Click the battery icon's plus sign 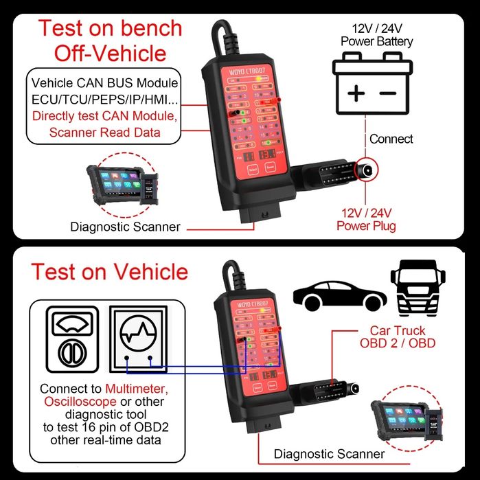(x=356, y=93)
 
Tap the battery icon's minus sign (x=388, y=93)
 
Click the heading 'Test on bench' (x=110, y=28)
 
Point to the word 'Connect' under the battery (x=391, y=139)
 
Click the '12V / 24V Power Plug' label (x=367, y=219)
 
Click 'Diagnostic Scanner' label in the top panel (x=126, y=227)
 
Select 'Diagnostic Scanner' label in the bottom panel (x=329, y=453)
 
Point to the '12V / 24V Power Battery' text (x=377, y=35)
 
